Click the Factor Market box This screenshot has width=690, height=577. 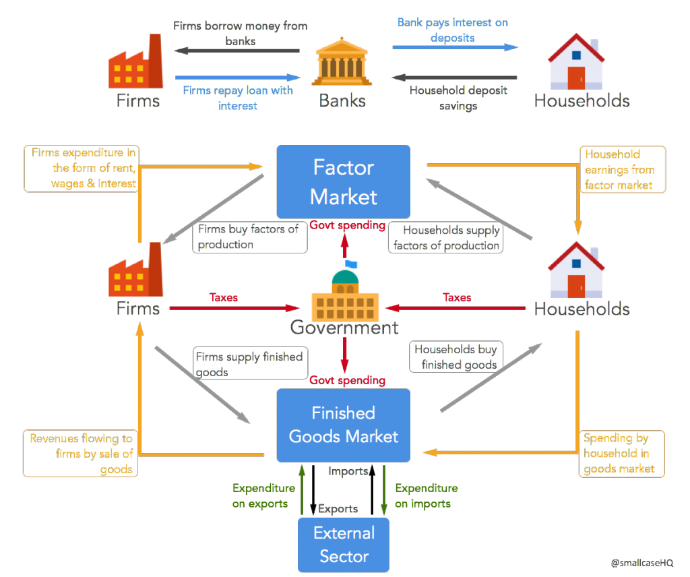click(344, 181)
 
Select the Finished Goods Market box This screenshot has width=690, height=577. click(344, 425)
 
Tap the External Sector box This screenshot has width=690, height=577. click(344, 545)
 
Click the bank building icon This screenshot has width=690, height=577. click(342, 65)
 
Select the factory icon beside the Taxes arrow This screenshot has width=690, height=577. click(135, 270)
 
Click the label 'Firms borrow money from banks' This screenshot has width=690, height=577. click(240, 33)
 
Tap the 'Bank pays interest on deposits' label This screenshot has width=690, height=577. click(452, 30)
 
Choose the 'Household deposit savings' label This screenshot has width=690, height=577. click(458, 98)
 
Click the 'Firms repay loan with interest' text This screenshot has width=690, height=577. click(237, 98)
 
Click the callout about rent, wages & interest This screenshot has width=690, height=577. click(83, 169)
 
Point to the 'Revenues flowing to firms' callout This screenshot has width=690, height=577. click(81, 454)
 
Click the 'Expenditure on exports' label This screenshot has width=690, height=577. click(263, 495)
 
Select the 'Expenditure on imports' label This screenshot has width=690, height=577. click(426, 495)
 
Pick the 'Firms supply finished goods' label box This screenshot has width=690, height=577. click(249, 364)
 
